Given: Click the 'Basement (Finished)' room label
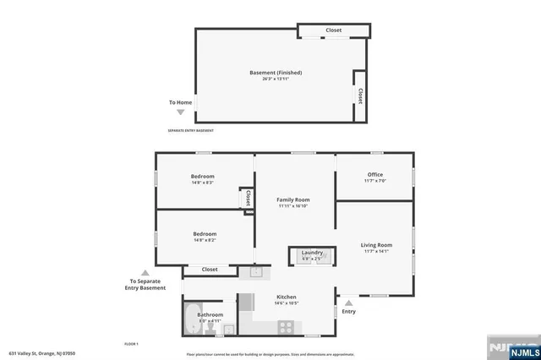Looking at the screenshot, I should (x=276, y=73).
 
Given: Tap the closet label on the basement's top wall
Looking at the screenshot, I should (x=334, y=30).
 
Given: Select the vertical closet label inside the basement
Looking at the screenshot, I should (x=361, y=95).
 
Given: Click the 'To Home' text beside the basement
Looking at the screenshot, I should (x=180, y=102).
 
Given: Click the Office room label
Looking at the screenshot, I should (x=374, y=175).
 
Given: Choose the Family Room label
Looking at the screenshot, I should (x=295, y=199).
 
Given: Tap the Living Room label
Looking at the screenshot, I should (x=376, y=245).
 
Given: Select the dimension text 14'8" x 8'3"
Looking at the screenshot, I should (x=202, y=183).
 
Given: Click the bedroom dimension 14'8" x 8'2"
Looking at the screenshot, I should (x=205, y=240).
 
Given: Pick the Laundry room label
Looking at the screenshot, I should (x=312, y=252).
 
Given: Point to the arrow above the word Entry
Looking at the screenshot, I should (x=348, y=301).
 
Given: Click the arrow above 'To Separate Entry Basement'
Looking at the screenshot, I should (x=145, y=272).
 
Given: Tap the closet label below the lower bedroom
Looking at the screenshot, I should (x=210, y=270).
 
